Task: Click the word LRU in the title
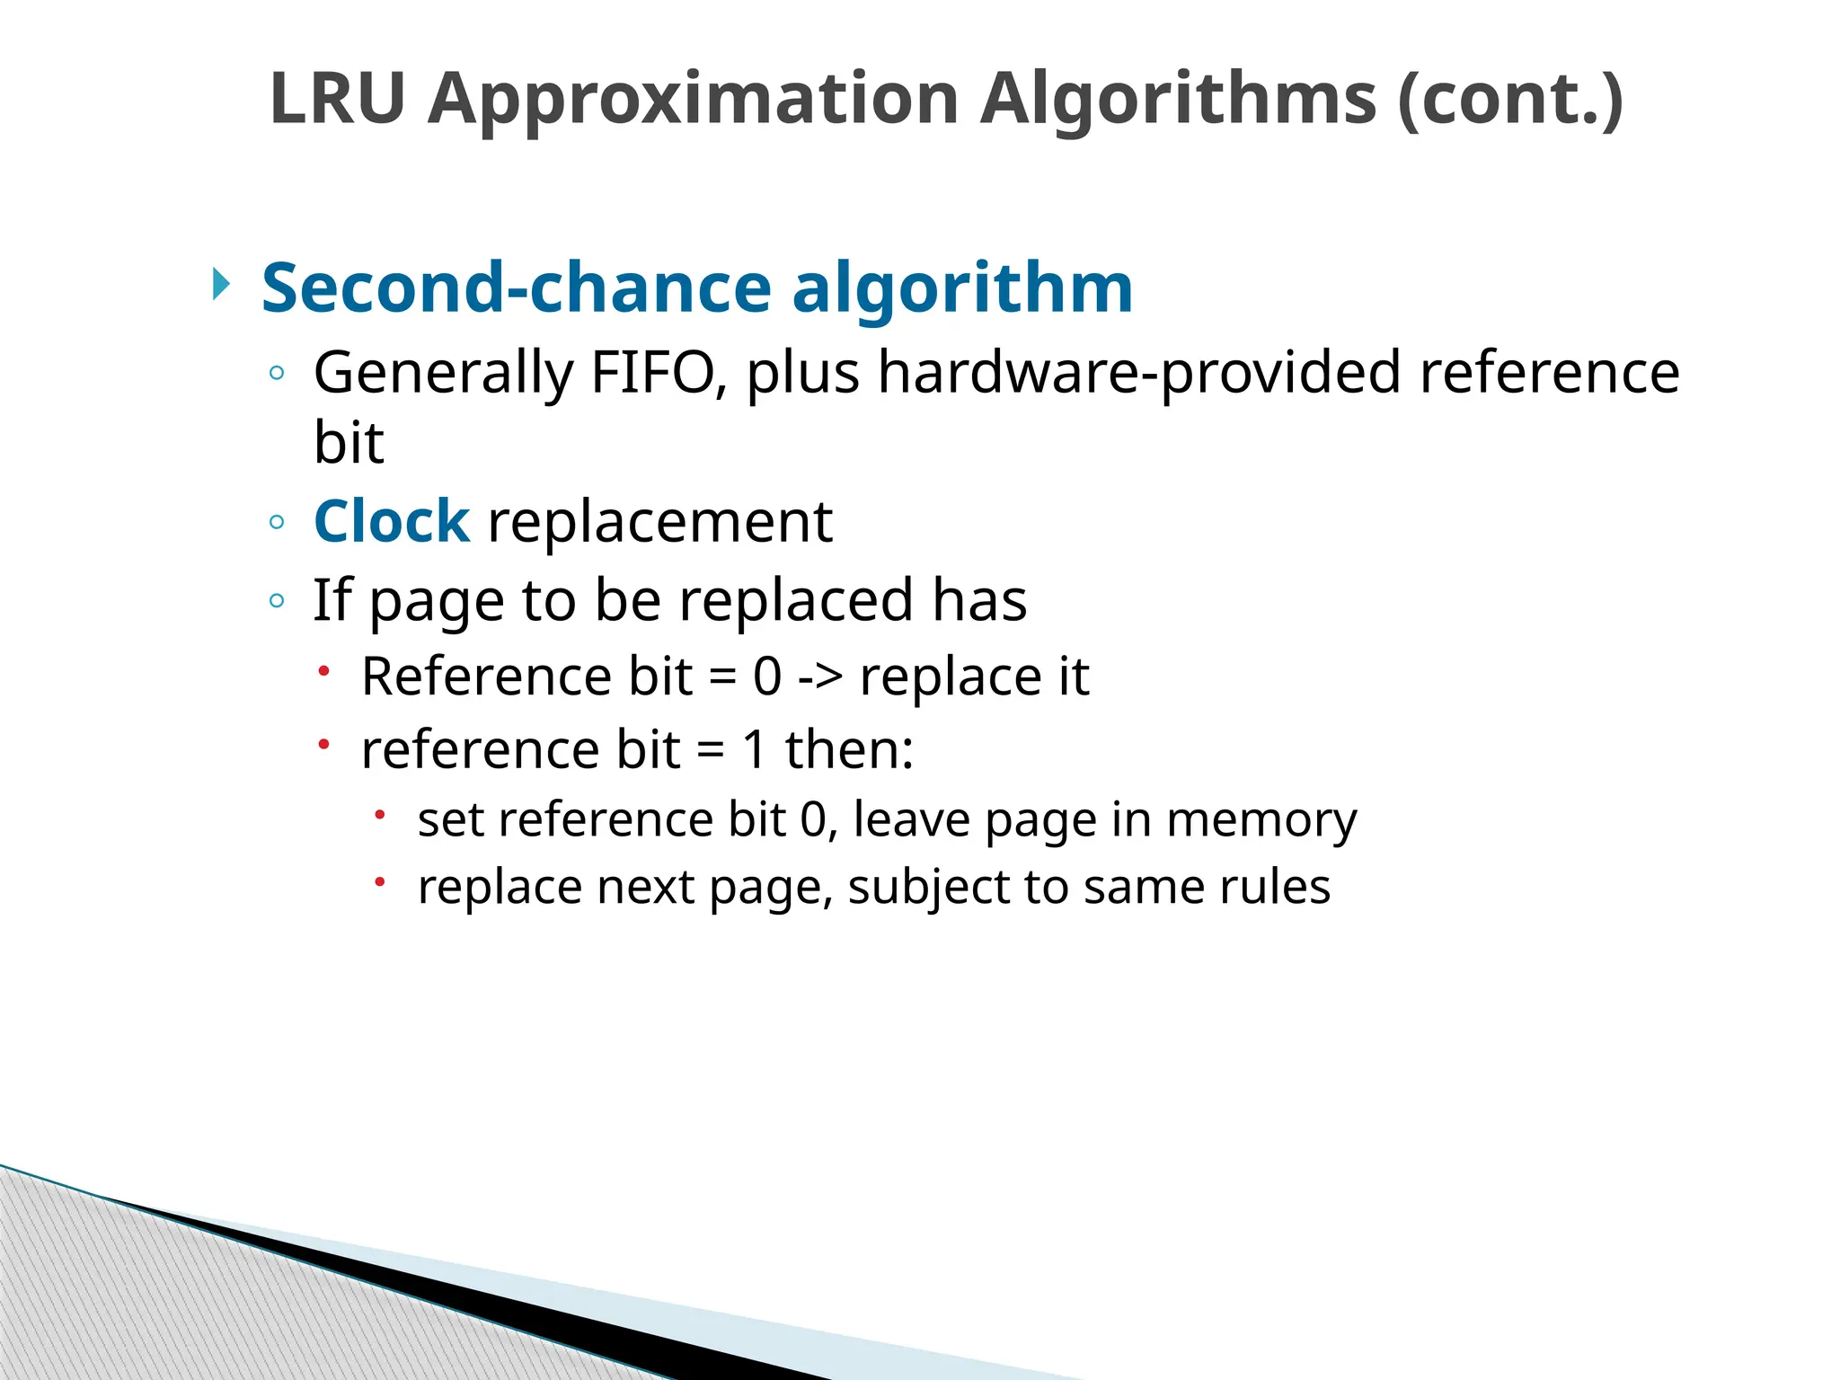(338, 98)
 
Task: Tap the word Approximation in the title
(693, 98)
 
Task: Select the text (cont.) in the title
(1510, 98)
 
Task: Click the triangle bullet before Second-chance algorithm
(221, 285)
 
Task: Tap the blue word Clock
(391, 521)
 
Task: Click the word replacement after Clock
(659, 521)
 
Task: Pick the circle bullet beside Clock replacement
(277, 522)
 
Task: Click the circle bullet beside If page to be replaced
(277, 600)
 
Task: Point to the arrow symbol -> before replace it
(820, 677)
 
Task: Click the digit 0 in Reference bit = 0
(767, 677)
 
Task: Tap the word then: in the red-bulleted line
(849, 749)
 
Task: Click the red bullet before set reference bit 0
(380, 814)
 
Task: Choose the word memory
(1261, 819)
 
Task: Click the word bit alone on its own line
(349, 442)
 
